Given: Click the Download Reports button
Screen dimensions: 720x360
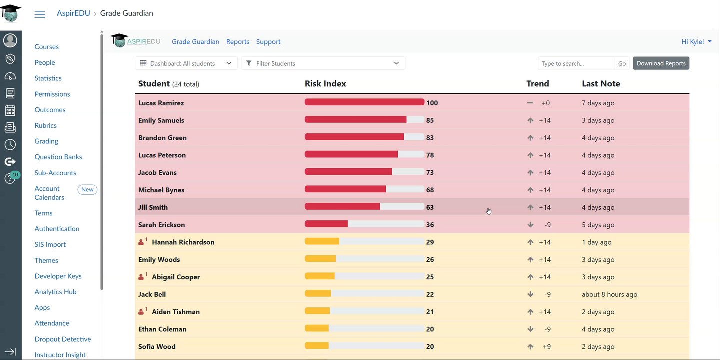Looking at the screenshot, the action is click(661, 63).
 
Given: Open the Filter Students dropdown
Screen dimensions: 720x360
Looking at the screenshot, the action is click(323, 63).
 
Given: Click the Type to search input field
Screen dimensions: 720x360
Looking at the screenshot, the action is click(576, 63).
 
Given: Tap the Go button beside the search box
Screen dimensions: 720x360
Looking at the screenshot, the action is click(622, 63).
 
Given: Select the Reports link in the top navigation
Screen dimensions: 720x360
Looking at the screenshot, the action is click(237, 42).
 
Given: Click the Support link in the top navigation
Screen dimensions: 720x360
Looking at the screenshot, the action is click(268, 42).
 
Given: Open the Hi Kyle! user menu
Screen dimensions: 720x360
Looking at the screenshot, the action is click(696, 42).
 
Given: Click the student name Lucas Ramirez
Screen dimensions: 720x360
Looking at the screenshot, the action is click(161, 103).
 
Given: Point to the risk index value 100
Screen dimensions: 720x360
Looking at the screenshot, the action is click(432, 103).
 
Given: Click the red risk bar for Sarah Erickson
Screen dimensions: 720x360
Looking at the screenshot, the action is click(326, 224).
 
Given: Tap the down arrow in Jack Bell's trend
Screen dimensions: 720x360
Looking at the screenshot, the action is click(530, 294).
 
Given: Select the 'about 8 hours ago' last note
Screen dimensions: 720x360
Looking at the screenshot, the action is click(609, 294).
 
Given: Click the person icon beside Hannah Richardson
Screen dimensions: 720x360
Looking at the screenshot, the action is click(141, 242).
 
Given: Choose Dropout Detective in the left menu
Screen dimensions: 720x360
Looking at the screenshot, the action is click(62, 339).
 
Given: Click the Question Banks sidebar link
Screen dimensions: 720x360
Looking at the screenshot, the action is click(58, 157).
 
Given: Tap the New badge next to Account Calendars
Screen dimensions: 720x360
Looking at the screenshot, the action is click(87, 189).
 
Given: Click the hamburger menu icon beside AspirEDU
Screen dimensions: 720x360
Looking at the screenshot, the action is click(40, 14).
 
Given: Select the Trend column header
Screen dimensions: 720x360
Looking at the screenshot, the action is click(538, 83).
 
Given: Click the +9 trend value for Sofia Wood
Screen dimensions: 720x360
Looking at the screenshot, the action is click(547, 346).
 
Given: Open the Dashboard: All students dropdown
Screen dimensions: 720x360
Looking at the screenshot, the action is click(186, 63).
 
